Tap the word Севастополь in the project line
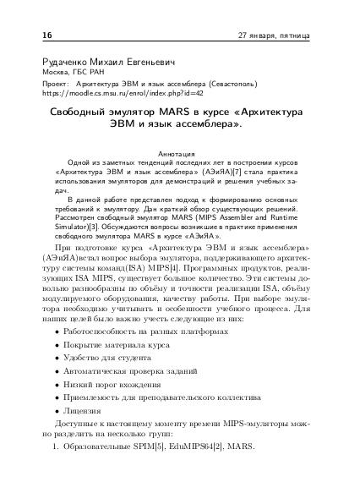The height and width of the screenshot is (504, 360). (237, 85)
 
